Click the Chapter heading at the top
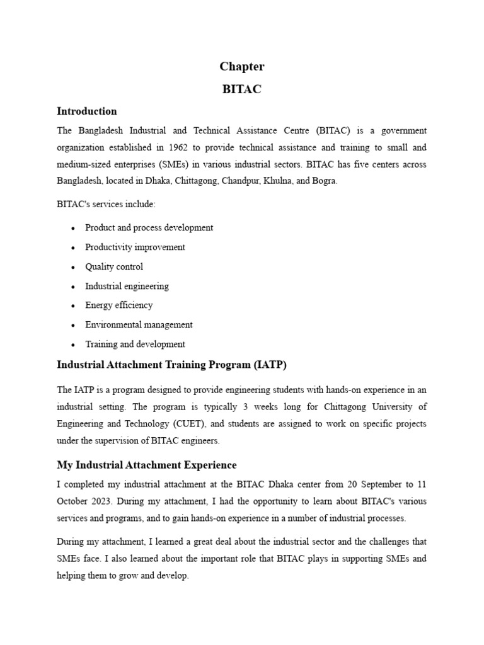point(242,67)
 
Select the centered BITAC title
point(242,89)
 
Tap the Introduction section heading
point(87,111)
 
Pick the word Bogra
point(324,181)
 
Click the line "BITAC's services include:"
point(105,205)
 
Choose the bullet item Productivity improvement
point(135,248)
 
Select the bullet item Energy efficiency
point(119,305)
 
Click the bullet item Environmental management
point(139,325)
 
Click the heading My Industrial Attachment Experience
point(147,465)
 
